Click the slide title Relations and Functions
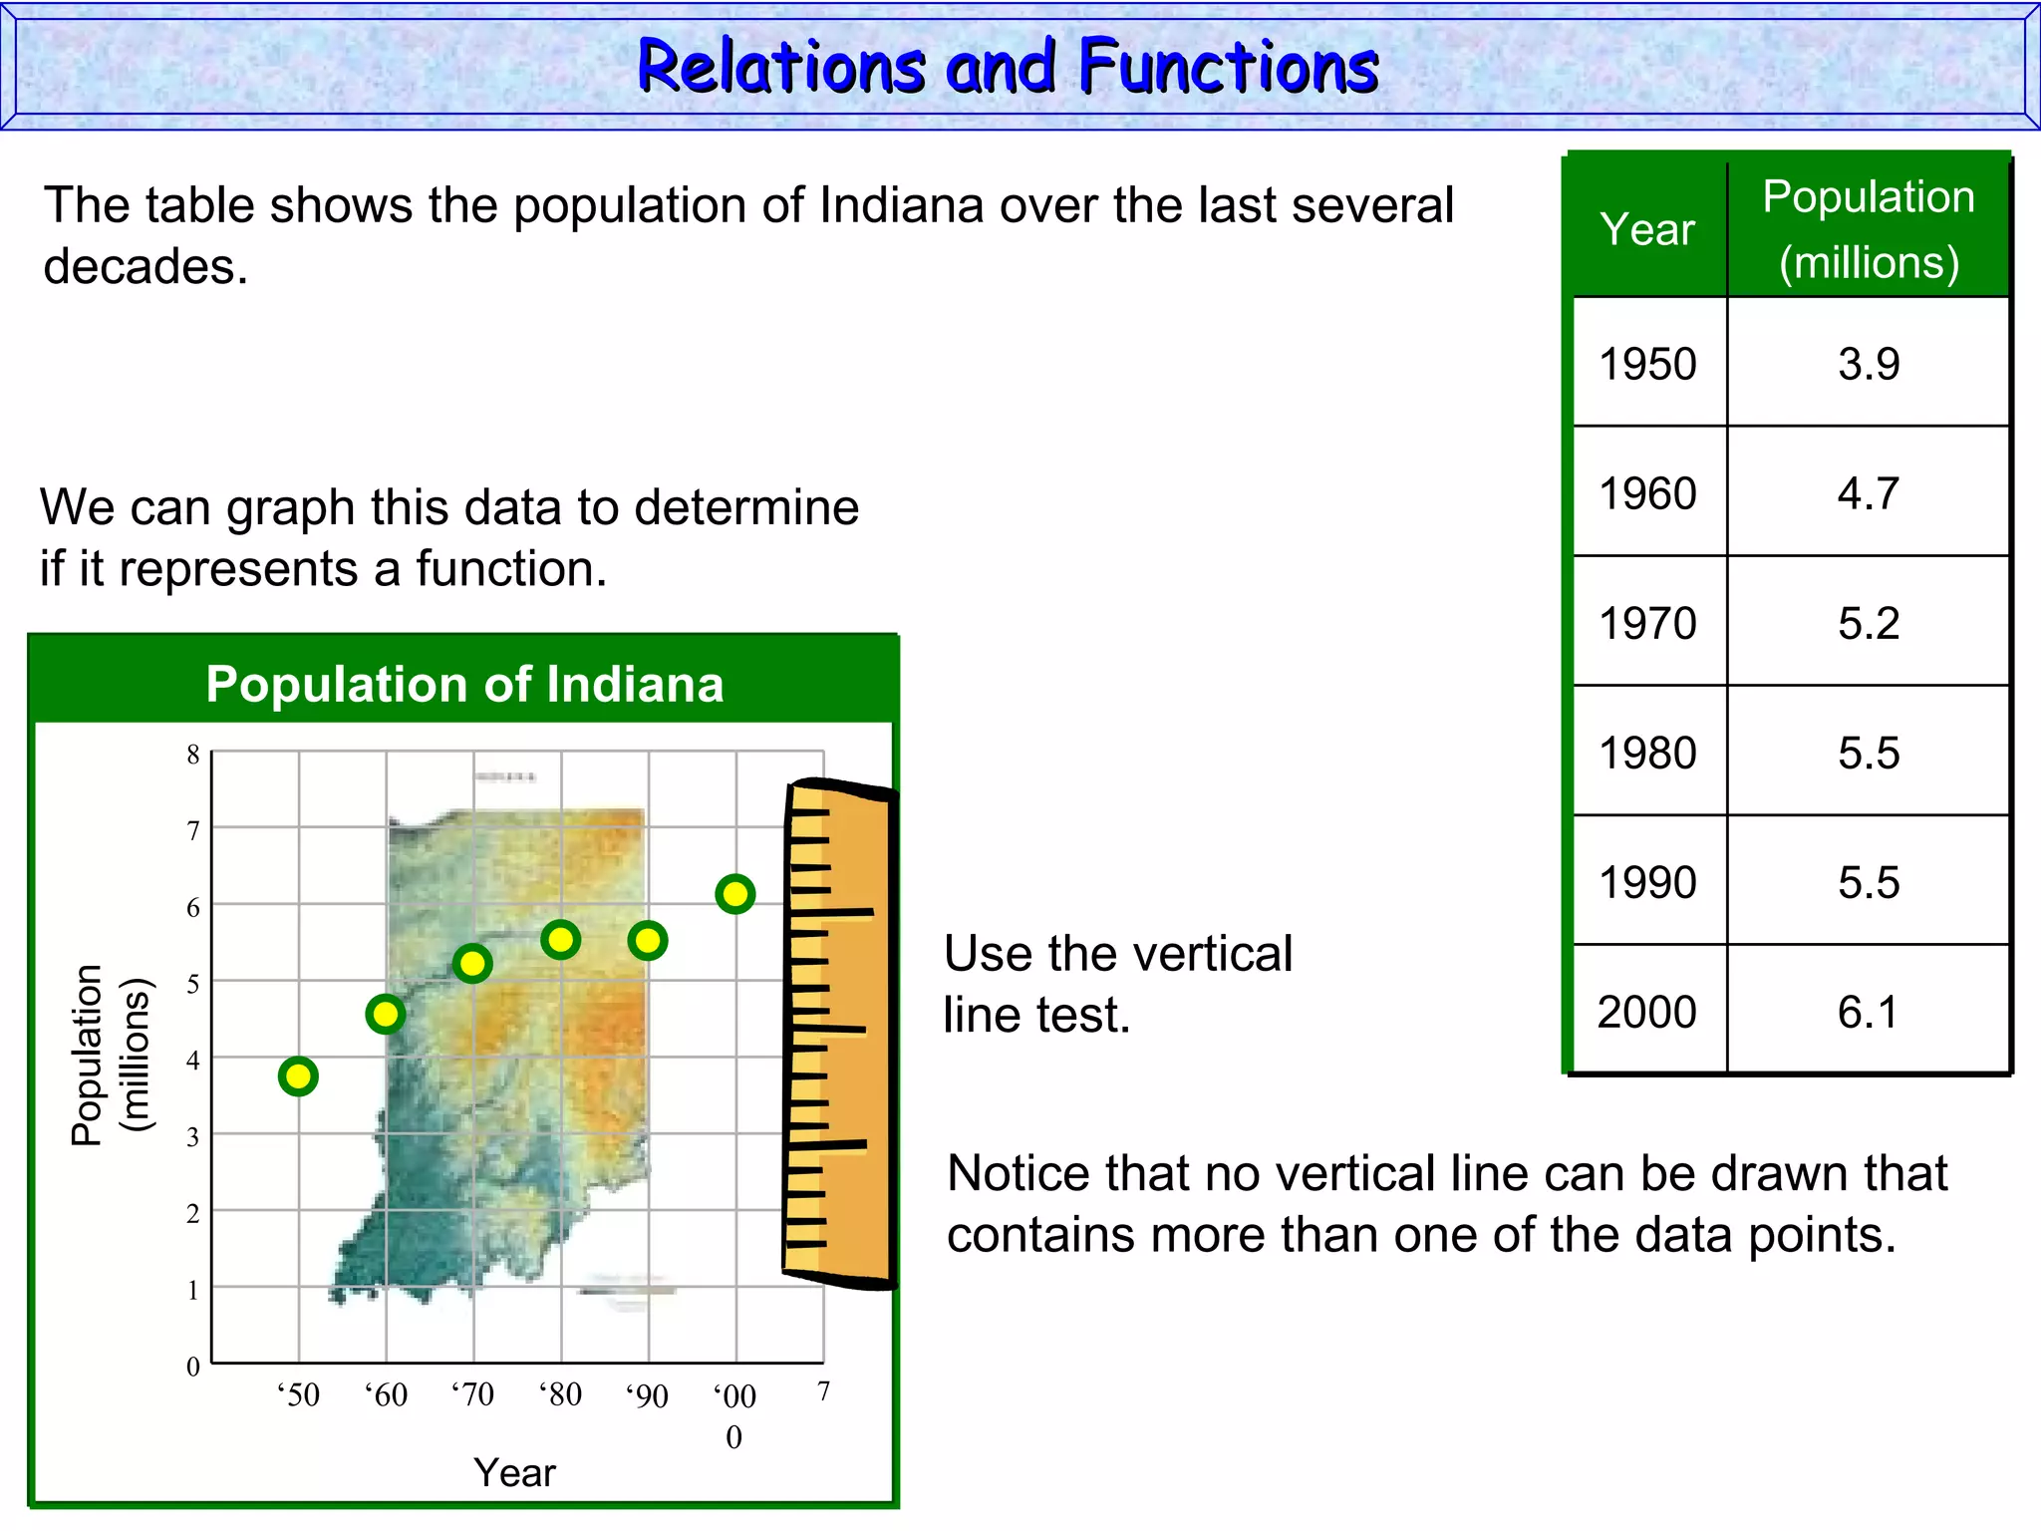[x=1008, y=67]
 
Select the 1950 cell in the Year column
[x=1647, y=364]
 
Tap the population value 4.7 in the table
[x=1868, y=493]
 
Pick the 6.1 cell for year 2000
[x=1868, y=1012]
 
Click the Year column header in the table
[x=1647, y=229]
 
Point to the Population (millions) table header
[x=1869, y=229]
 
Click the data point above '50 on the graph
[x=298, y=1076]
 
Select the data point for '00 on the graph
[x=735, y=894]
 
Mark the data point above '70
[x=472, y=964]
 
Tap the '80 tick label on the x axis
[x=561, y=1393]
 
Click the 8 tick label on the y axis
[x=193, y=755]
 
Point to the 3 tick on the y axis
[x=193, y=1136]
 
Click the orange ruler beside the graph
[x=839, y=1034]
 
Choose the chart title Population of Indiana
[x=464, y=685]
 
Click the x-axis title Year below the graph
[x=514, y=1472]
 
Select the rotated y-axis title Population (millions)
[x=110, y=1055]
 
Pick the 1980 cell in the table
[x=1647, y=753]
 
